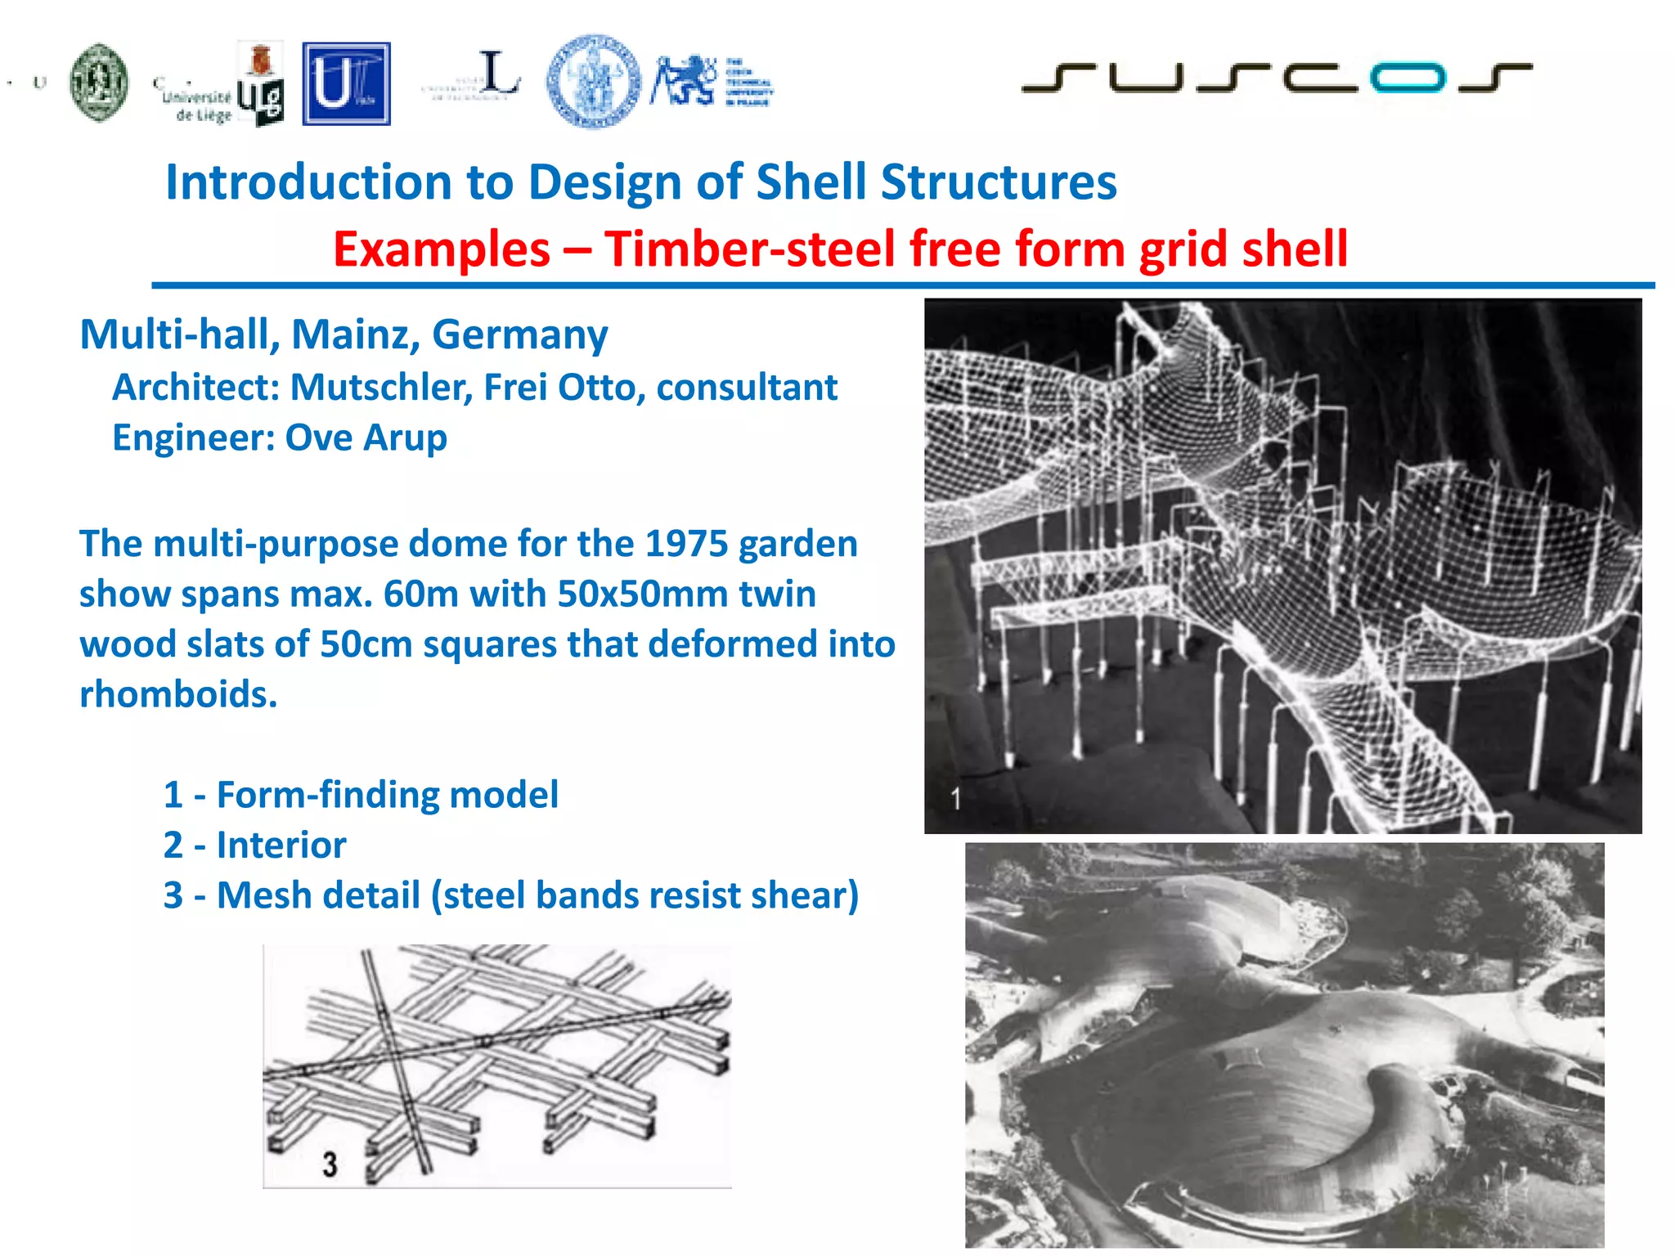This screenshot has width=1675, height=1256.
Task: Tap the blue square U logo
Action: coord(346,84)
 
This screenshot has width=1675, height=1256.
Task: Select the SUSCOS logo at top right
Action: coord(1276,78)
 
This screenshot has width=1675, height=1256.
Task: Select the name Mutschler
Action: coord(382,387)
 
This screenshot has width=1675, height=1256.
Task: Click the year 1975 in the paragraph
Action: coord(686,544)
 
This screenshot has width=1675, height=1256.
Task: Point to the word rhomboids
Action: coord(178,694)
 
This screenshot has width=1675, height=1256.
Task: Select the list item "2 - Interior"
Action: coord(254,845)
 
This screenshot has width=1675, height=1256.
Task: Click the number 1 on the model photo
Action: coord(955,798)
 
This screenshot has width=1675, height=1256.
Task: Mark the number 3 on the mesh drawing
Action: coord(330,1164)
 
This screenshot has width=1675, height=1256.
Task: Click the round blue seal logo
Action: coord(594,82)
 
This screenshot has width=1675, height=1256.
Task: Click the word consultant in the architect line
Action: coord(747,387)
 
